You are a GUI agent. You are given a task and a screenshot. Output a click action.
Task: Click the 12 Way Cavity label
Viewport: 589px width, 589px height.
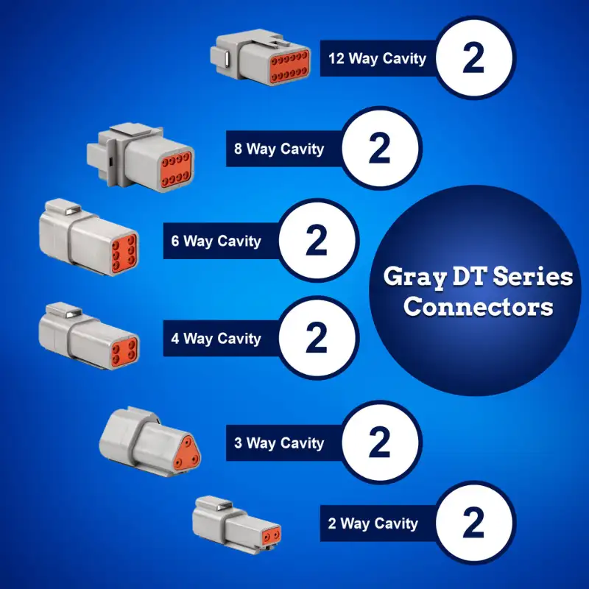point(377,58)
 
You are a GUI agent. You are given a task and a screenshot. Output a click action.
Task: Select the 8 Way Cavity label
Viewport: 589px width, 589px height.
point(278,149)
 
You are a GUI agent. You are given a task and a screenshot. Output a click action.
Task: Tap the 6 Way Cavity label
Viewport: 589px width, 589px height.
point(216,241)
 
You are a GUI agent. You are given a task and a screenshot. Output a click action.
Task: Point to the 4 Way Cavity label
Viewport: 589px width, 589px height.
point(216,339)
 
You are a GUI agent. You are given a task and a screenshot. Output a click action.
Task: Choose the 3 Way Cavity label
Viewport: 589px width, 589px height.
point(278,443)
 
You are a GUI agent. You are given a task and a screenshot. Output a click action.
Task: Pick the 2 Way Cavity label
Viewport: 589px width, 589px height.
point(373,524)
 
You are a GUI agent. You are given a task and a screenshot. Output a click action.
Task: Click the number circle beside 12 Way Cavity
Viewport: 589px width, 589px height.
point(473,58)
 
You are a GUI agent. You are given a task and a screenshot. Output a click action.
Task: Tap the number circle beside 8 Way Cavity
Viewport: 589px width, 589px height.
point(379,149)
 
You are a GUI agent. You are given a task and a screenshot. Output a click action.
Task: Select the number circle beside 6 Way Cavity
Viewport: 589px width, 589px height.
point(316,241)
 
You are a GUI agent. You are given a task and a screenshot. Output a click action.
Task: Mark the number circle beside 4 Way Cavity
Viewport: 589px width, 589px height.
point(316,339)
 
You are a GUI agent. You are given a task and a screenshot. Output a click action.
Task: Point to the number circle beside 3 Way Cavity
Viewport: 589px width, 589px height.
point(379,443)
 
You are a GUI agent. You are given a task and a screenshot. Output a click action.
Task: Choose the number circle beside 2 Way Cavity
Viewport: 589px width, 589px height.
point(473,524)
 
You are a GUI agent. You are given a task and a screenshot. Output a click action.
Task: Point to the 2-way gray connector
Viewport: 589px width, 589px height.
point(236,523)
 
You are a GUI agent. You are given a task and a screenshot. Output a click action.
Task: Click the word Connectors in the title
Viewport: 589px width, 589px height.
point(478,306)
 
